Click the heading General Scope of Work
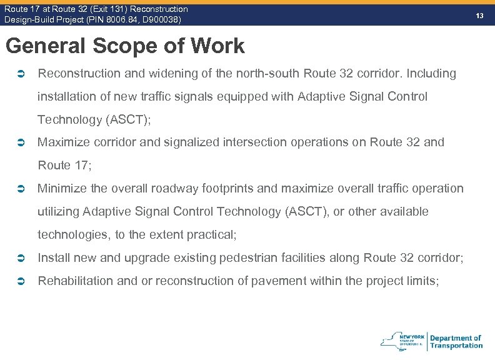[124, 46]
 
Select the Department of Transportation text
[456, 341]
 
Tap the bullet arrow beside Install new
[21, 258]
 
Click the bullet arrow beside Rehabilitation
[21, 281]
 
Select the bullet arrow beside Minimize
[21, 189]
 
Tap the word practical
[214, 235]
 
